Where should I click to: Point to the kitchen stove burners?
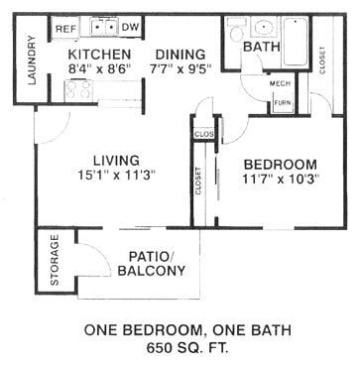point(78,90)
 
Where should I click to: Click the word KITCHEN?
point(99,54)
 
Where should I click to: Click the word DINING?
point(180,54)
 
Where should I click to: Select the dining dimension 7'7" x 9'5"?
point(180,69)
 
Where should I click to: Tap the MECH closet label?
point(280,83)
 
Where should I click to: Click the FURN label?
point(282,102)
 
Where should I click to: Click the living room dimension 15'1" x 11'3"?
point(113,175)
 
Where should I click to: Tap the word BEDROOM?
point(281,164)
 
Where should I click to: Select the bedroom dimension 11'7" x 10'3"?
point(281,180)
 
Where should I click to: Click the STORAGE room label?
point(55,260)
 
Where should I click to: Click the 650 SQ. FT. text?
point(180,347)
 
